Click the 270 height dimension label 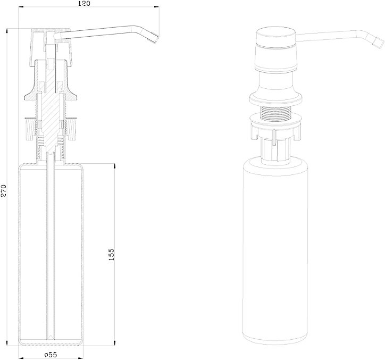pyautogui.click(x=4, y=190)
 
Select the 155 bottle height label pyautogui.click(x=111, y=254)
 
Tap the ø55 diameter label pyautogui.click(x=51, y=355)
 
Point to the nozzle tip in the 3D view pyautogui.click(x=378, y=43)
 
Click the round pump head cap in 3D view pyautogui.click(x=276, y=38)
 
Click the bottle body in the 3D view pyautogui.click(x=275, y=253)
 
